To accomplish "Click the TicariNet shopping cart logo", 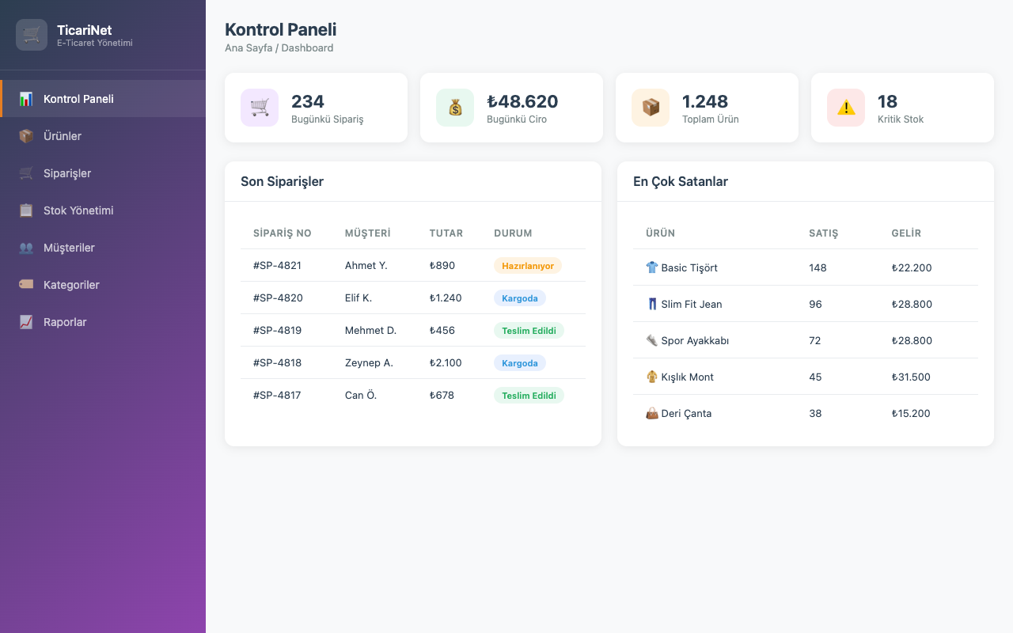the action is pyautogui.click(x=32, y=35).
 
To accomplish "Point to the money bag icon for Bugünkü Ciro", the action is pyautogui.click(x=455, y=108).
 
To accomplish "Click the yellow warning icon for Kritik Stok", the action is pyautogui.click(x=846, y=108).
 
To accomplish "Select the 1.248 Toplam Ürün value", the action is pyautogui.click(x=704, y=102).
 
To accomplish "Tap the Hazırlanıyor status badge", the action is pyautogui.click(x=528, y=266).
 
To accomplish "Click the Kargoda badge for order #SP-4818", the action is pyautogui.click(x=520, y=363).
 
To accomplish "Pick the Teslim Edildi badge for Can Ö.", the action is pyautogui.click(x=529, y=396).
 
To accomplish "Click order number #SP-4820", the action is pyautogui.click(x=278, y=298).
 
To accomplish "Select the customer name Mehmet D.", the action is pyautogui.click(x=370, y=331).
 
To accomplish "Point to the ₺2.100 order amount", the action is pyautogui.click(x=446, y=363).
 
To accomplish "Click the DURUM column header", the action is pyautogui.click(x=513, y=233).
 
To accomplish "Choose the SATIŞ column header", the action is pyautogui.click(x=824, y=233).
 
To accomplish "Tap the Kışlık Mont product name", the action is pyautogui.click(x=687, y=377).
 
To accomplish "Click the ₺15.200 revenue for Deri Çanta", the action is pyautogui.click(x=911, y=414).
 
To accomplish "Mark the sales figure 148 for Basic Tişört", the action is pyautogui.click(x=818, y=267).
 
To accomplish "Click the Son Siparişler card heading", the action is pyautogui.click(x=282, y=182).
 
